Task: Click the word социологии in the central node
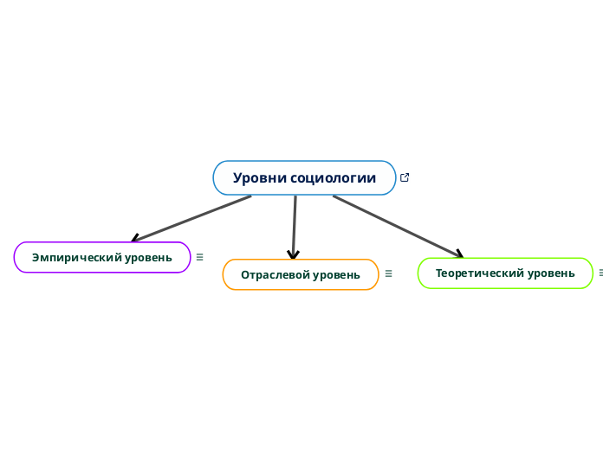334,178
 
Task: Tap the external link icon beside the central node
405,177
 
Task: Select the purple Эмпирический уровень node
102,257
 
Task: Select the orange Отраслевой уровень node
301,274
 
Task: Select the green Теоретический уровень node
505,273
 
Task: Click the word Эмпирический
77,257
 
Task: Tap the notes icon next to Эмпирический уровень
200,256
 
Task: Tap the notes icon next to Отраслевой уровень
388,273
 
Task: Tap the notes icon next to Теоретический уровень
600,273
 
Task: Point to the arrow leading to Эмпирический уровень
191,218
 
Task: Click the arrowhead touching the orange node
294,254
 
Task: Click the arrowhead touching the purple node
135,238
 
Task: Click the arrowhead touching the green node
458,253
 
